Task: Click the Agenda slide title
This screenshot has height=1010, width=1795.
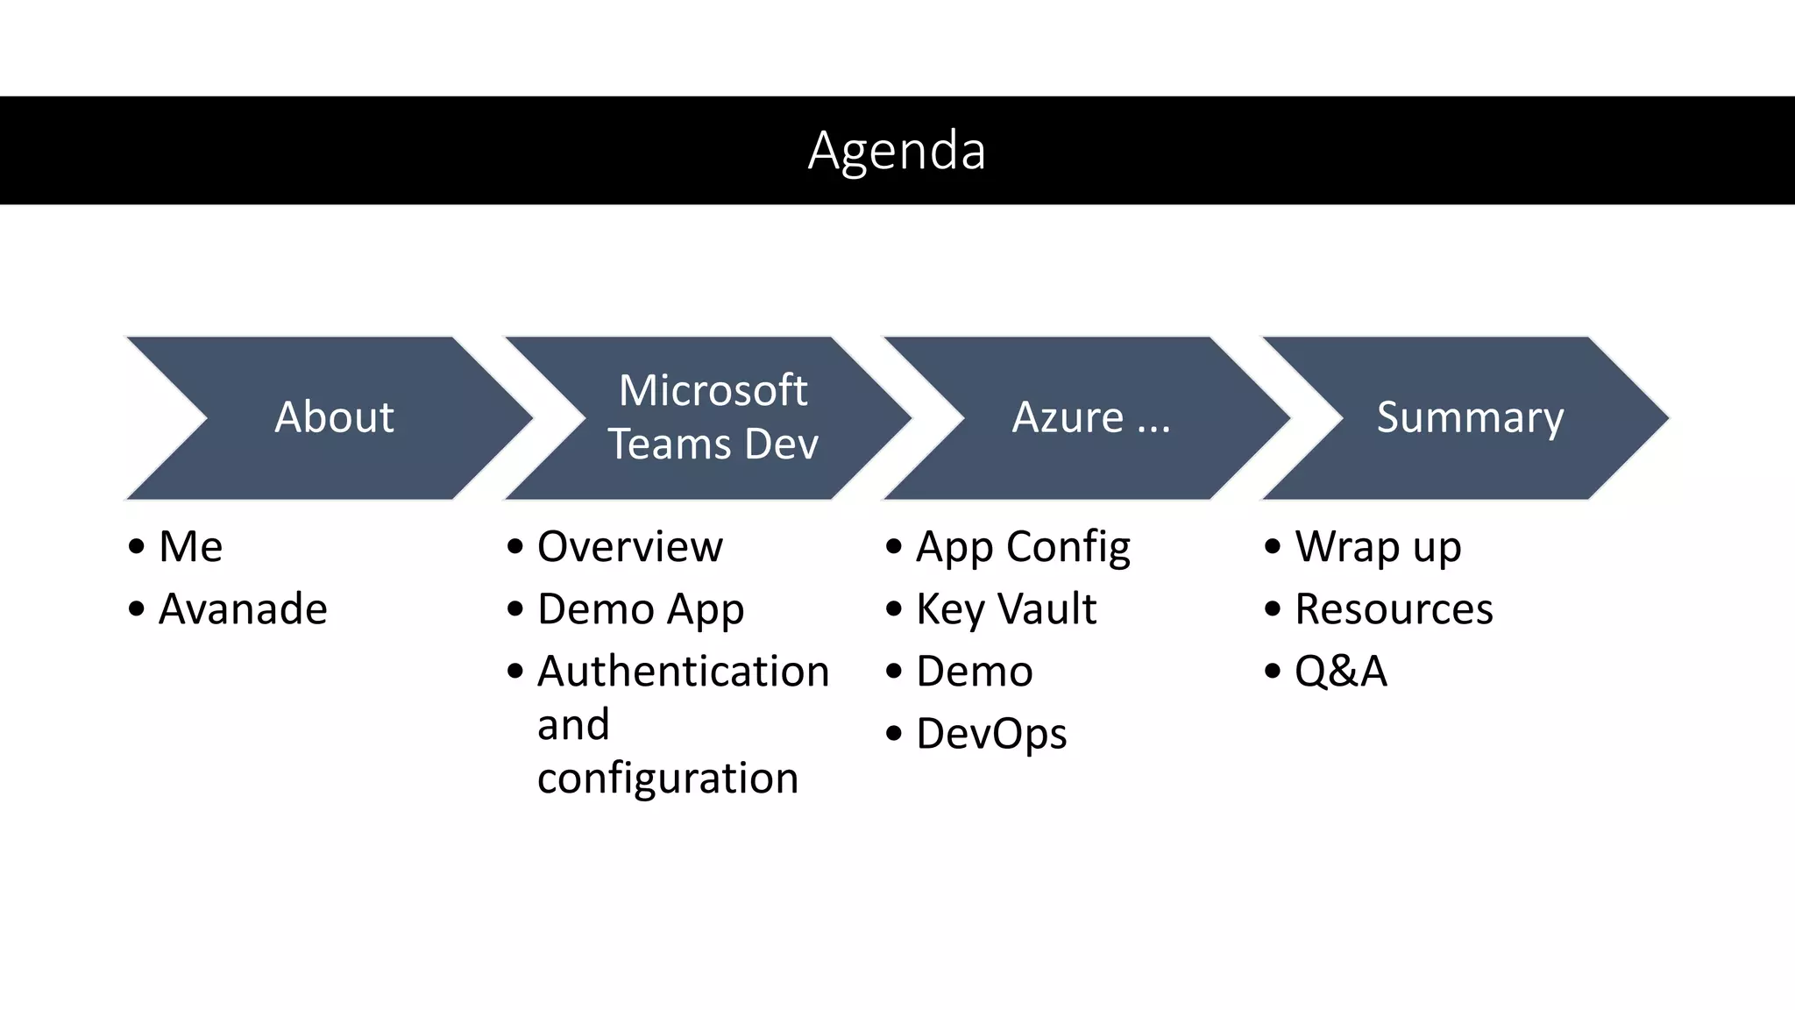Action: tap(897, 151)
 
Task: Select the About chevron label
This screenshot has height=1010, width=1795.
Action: tap(334, 417)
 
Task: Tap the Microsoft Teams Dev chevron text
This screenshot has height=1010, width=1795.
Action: tap(713, 417)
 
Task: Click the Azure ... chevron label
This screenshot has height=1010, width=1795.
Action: tap(1091, 417)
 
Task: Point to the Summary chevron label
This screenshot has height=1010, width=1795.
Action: tap(1470, 417)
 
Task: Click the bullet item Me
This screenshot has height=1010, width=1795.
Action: tap(190, 547)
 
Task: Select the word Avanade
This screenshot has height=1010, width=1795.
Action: tap(243, 609)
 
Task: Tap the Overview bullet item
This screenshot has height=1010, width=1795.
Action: tap(629, 547)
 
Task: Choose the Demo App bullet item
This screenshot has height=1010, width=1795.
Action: tap(641, 609)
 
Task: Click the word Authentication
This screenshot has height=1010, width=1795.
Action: tap(683, 672)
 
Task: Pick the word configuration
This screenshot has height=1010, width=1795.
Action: tap(668, 779)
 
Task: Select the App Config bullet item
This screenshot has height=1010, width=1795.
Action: tap(1023, 547)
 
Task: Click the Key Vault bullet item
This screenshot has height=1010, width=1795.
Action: tap(1006, 609)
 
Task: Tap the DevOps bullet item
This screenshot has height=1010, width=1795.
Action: tap(991, 734)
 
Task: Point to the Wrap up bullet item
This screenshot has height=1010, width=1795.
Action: tap(1378, 547)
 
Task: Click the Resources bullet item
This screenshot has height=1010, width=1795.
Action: tap(1394, 609)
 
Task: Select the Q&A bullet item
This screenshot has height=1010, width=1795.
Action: tap(1341, 672)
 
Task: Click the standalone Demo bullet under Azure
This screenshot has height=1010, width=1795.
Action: tap(974, 672)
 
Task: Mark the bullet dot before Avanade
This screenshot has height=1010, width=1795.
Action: tap(136, 608)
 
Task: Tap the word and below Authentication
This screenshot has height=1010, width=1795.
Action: tap(573, 725)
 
